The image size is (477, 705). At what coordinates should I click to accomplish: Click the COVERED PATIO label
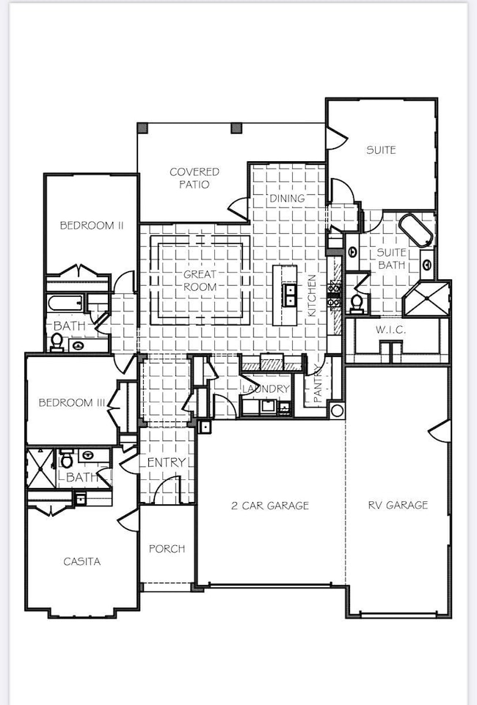click(x=194, y=178)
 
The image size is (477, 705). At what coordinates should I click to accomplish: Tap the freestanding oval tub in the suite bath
click(x=416, y=230)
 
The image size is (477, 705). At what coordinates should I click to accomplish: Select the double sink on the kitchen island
click(x=290, y=295)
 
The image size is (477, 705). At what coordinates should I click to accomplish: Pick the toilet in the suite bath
click(x=357, y=301)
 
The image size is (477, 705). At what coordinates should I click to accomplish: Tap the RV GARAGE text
click(x=398, y=505)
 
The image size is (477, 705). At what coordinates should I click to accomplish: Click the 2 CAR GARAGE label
click(x=270, y=505)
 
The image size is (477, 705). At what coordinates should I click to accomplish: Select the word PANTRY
click(x=318, y=383)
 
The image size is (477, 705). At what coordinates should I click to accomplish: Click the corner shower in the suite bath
click(x=425, y=298)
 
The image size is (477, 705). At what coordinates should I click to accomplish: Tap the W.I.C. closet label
click(x=390, y=331)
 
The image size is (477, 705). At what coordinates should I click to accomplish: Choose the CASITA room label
click(x=81, y=561)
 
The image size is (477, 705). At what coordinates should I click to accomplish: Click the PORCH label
click(x=167, y=548)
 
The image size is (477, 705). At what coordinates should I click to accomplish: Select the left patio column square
click(x=142, y=128)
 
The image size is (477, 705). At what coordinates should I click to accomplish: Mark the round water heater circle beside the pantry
click(x=337, y=410)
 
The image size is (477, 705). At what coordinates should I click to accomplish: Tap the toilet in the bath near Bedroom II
click(x=57, y=341)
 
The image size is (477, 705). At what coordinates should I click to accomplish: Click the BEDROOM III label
click(x=71, y=402)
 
